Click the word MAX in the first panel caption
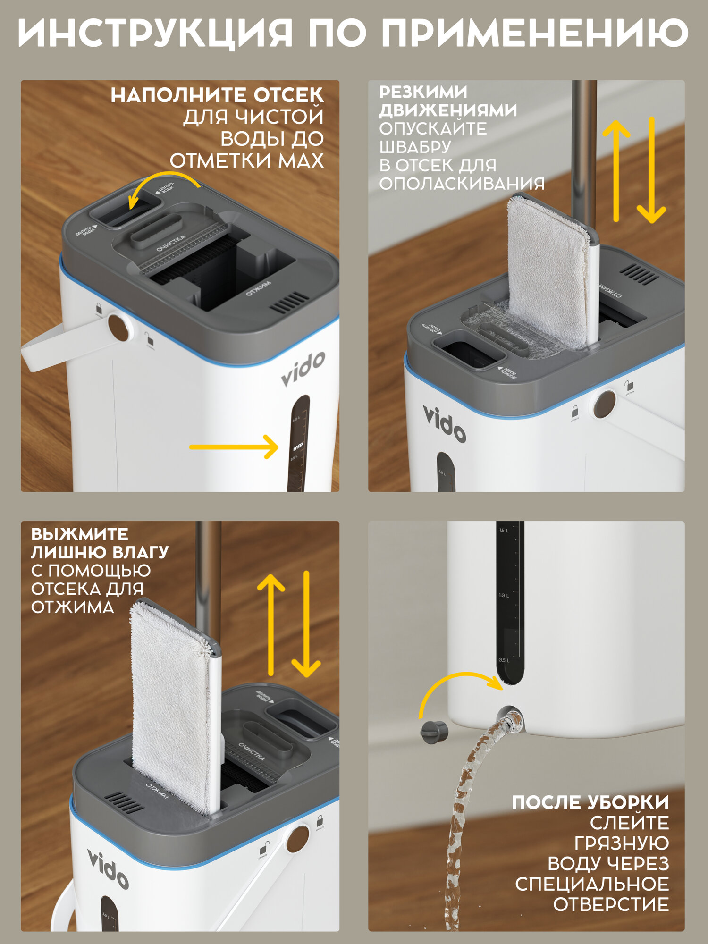coord(301,161)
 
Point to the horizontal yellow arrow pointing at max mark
coord(234,447)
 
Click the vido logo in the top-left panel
coord(303,369)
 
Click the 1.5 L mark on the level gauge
coord(504,531)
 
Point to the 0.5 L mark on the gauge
coord(504,660)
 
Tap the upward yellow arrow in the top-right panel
coord(616,170)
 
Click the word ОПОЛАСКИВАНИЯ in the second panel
coord(462,184)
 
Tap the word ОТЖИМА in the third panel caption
coord(72,607)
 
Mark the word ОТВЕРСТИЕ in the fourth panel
coord(611,904)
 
